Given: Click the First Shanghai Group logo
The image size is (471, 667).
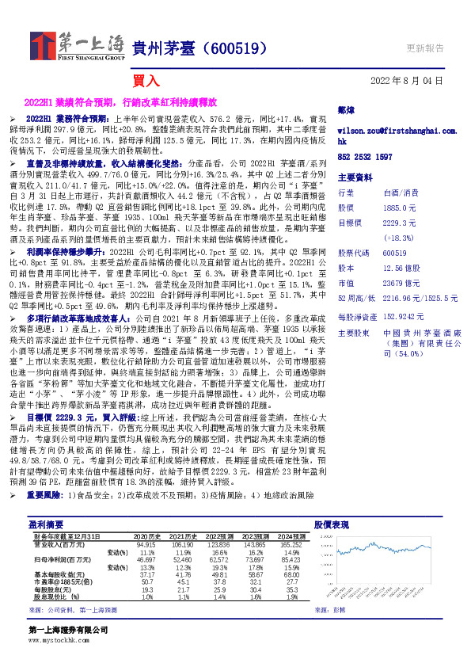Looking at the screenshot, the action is coord(78,46).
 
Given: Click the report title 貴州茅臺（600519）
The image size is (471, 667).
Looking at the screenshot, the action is coord(197,48).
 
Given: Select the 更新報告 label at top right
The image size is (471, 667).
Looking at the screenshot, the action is coord(424,48).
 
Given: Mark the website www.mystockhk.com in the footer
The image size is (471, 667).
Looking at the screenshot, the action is coord(55,638).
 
